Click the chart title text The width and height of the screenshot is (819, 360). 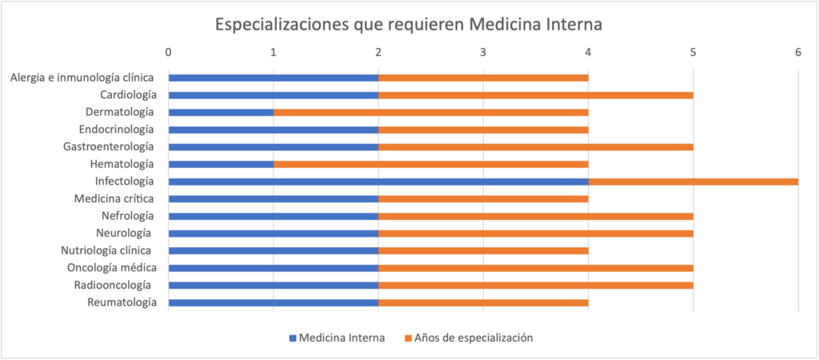pos(409,25)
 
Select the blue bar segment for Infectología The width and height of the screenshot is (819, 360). pos(378,182)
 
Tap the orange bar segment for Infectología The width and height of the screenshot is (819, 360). pos(693,182)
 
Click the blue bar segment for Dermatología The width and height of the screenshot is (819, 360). pos(221,112)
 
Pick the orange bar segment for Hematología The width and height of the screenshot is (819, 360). pos(430,164)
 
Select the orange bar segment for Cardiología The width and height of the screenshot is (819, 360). pos(535,95)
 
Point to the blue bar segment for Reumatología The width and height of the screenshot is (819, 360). pos(273,302)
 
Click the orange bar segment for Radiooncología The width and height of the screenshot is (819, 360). pos(535,285)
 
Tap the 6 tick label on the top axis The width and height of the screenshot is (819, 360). pos(797,52)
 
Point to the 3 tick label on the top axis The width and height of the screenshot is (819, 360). pos(483,52)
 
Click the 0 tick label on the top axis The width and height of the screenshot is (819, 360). pos(168,52)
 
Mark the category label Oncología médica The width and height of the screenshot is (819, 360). pos(112,267)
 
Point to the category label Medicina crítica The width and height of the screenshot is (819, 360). pos(115,198)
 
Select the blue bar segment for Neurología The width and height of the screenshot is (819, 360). pos(273,233)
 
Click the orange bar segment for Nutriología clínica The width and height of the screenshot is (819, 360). pos(483,250)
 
